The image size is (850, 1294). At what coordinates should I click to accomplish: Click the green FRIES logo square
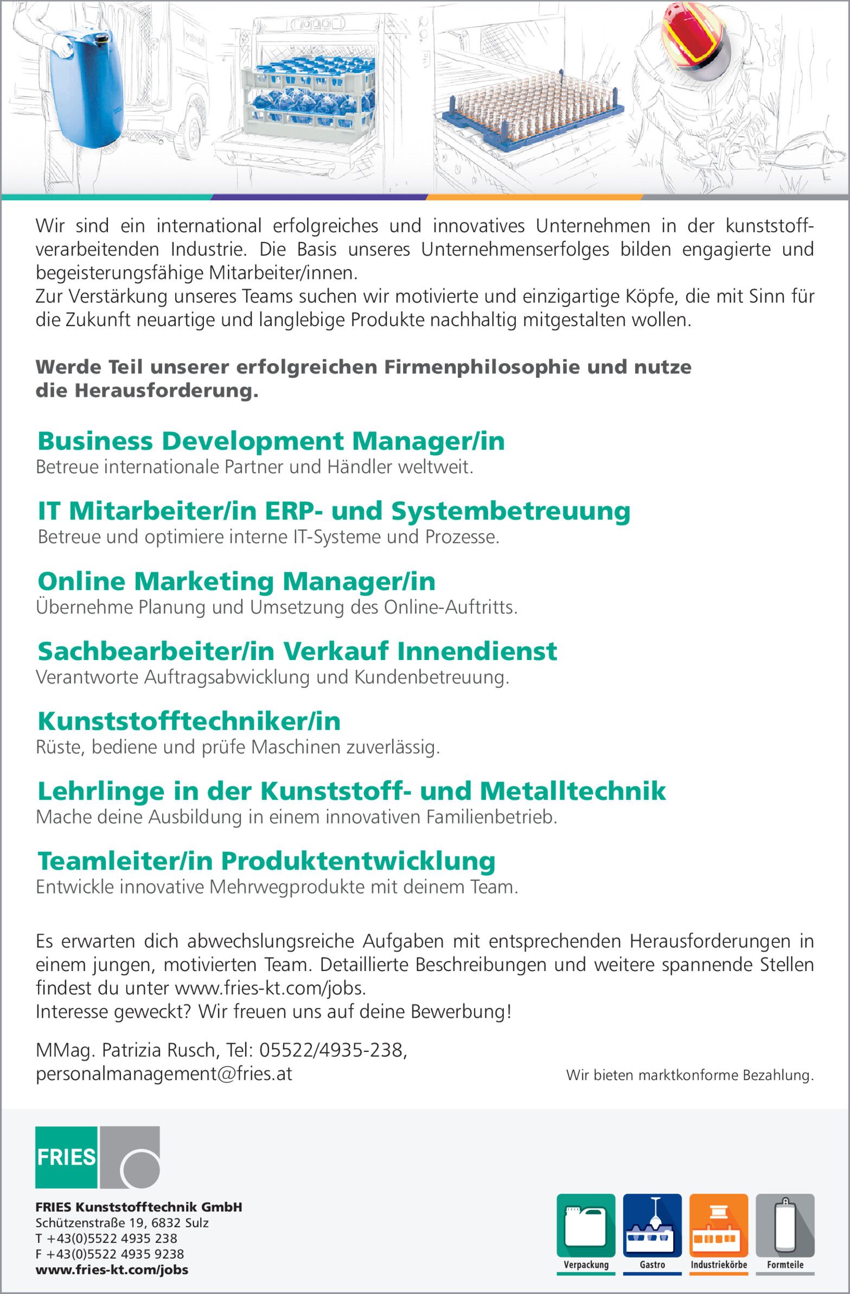coord(66,1157)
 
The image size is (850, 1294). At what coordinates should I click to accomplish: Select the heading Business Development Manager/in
coord(271,441)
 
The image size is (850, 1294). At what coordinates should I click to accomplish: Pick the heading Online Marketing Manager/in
coord(237,581)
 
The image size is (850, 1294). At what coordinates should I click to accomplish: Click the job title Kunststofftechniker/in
coord(189,721)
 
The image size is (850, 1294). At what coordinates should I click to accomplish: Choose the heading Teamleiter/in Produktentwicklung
coord(266,861)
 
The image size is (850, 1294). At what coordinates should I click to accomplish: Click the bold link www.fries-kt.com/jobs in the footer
coord(112,1270)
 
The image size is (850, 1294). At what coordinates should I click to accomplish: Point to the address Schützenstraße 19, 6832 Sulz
coord(122,1223)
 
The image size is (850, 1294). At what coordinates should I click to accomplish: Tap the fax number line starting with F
coord(109,1254)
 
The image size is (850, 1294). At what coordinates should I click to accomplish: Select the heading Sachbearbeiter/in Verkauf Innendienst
coord(297,651)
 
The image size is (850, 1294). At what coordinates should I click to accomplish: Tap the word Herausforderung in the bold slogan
coord(166,390)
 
